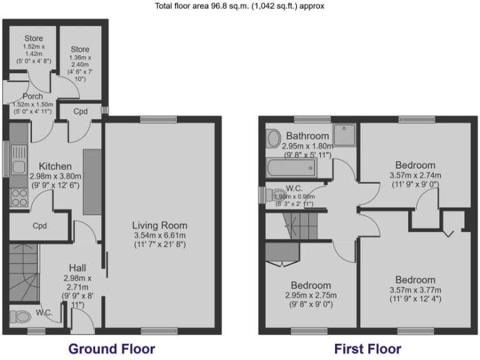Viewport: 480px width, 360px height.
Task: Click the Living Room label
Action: coord(159,225)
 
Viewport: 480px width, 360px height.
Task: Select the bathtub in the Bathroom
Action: coord(291,167)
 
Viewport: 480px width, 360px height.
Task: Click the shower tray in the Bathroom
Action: coord(344,134)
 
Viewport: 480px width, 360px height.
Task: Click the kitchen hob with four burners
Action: coord(19,197)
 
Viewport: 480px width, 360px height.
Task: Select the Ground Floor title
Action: coord(111,348)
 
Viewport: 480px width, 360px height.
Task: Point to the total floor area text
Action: coord(239,6)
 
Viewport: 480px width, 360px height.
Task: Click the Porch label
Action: coord(32,96)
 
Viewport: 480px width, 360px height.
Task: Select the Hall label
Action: coord(77,267)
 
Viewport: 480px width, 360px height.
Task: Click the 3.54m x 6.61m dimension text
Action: coord(159,235)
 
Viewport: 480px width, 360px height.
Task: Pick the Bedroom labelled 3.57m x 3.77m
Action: coord(415,279)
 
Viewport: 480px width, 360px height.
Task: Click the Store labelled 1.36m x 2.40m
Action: coord(79,49)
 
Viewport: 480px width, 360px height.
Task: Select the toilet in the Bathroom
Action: coord(273,137)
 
